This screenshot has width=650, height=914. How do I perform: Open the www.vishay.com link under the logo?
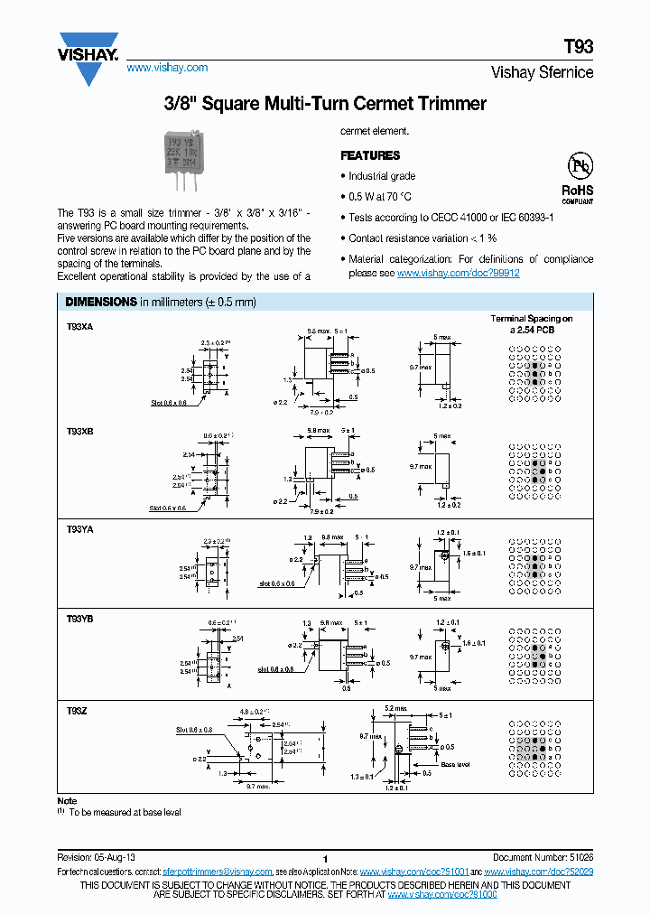[x=167, y=68]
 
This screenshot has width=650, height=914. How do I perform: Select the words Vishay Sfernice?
[x=542, y=72]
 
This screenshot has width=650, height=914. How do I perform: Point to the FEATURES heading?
[x=370, y=155]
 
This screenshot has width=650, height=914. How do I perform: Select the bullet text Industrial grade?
[x=382, y=176]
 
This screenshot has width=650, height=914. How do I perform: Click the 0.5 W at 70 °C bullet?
[x=380, y=197]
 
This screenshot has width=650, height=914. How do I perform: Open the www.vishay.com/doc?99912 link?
[x=458, y=273]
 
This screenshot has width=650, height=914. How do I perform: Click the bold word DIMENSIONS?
[x=97, y=302]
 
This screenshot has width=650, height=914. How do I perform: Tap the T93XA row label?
[x=79, y=328]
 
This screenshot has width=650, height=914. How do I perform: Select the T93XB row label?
[x=79, y=432]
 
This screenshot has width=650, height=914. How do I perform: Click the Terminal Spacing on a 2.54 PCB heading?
[x=532, y=324]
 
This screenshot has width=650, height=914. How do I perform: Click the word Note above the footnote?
[x=68, y=801]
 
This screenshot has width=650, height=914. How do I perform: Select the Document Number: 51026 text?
[x=543, y=856]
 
